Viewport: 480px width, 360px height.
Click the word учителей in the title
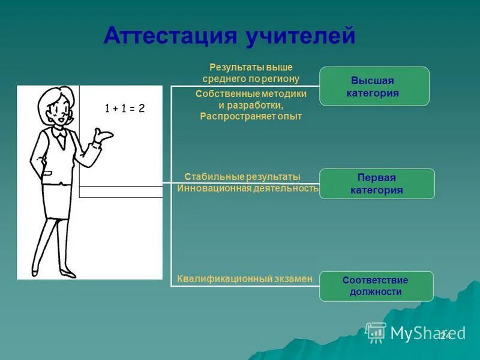299,35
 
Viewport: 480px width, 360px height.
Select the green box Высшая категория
374,87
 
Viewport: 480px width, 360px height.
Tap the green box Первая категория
376,184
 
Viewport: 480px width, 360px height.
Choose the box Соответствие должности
376,286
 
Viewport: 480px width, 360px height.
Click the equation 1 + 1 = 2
125,109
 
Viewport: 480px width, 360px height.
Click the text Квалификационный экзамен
245,278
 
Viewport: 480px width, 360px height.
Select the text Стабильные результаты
242,177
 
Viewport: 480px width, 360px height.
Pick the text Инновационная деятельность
247,188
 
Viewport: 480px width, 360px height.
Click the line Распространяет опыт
251,116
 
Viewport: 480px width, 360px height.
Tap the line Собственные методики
251,94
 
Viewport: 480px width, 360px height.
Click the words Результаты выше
251,67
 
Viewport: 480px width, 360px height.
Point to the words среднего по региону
251,79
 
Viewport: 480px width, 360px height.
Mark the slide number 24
445,335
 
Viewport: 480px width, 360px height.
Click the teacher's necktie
61,140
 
